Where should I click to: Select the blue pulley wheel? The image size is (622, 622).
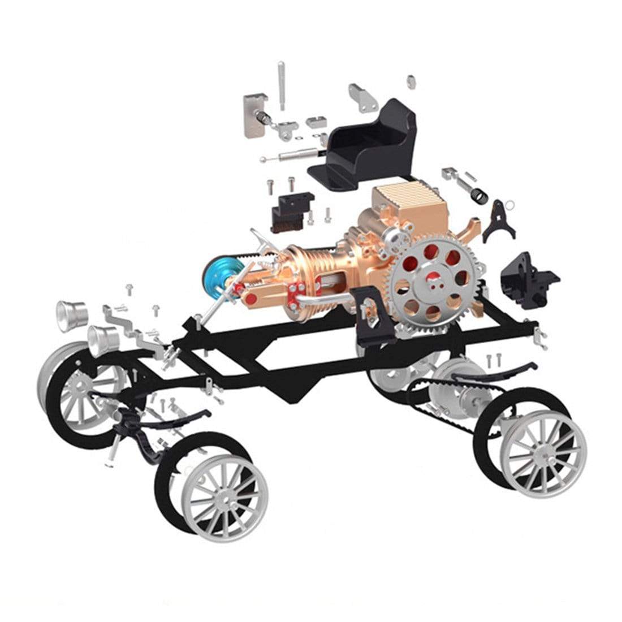(218, 274)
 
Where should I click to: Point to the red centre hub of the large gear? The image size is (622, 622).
(435, 279)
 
